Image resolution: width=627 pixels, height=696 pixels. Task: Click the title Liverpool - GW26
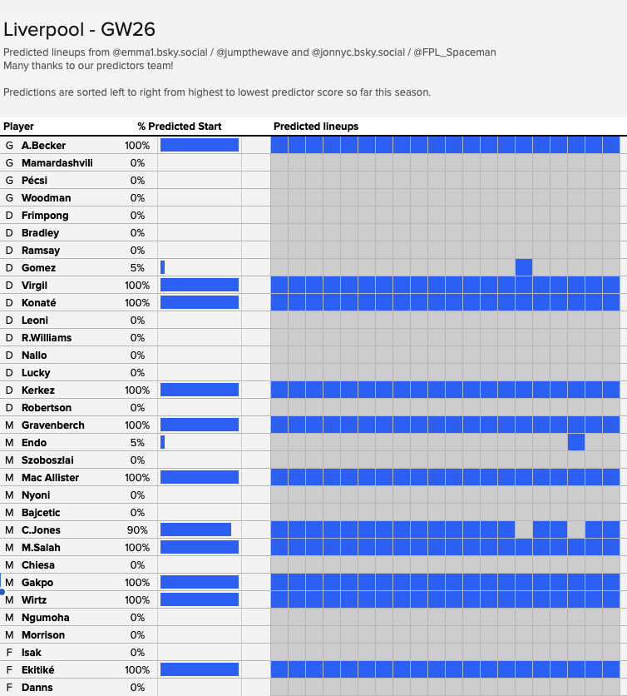79,30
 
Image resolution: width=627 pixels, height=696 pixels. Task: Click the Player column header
18,127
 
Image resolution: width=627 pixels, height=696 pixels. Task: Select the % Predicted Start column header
179,127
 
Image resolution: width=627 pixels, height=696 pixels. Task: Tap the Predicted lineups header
316,127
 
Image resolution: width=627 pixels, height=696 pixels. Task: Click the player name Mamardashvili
57,163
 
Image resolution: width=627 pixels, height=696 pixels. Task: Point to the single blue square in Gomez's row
524,267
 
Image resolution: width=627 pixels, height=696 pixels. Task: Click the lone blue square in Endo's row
576,443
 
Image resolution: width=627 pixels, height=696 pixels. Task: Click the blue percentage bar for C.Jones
195,529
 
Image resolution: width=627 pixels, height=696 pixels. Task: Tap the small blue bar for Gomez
163,267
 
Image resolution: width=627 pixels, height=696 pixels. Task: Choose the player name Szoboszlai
47,460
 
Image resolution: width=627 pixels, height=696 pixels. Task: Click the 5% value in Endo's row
137,443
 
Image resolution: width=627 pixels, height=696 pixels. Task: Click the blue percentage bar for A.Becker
200,145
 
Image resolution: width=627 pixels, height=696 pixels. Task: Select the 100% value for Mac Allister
137,478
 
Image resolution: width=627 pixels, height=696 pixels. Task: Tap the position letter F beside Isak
9,653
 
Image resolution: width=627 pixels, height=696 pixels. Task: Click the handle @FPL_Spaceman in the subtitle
455,52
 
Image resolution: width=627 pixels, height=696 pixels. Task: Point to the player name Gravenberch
52,425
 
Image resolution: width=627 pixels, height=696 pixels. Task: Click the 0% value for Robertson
137,407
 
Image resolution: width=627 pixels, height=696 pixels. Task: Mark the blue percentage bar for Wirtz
200,599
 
